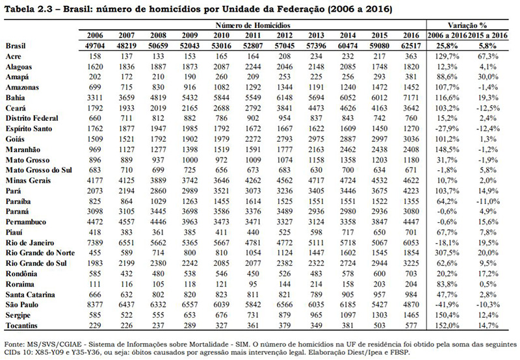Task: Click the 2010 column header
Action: [x=222, y=35]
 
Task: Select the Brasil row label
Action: [x=16, y=45]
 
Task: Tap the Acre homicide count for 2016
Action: [x=411, y=57]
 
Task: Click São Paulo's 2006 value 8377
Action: [x=95, y=305]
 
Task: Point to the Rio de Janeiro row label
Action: [x=30, y=242]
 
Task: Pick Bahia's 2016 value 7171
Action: [x=411, y=97]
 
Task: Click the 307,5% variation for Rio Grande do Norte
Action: [x=447, y=253]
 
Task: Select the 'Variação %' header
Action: [x=467, y=25]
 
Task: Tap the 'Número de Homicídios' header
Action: [x=253, y=25]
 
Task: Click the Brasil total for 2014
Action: [x=348, y=45]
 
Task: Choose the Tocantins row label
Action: [x=21, y=326]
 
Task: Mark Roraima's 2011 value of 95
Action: [x=253, y=284]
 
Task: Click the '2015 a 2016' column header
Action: [x=488, y=35]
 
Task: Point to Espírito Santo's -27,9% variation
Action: [x=447, y=129]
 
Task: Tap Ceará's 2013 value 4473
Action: [x=317, y=108]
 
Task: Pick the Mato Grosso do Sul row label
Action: [x=39, y=170]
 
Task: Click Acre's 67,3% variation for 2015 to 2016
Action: [x=488, y=57]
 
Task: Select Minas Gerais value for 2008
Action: [x=158, y=181]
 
